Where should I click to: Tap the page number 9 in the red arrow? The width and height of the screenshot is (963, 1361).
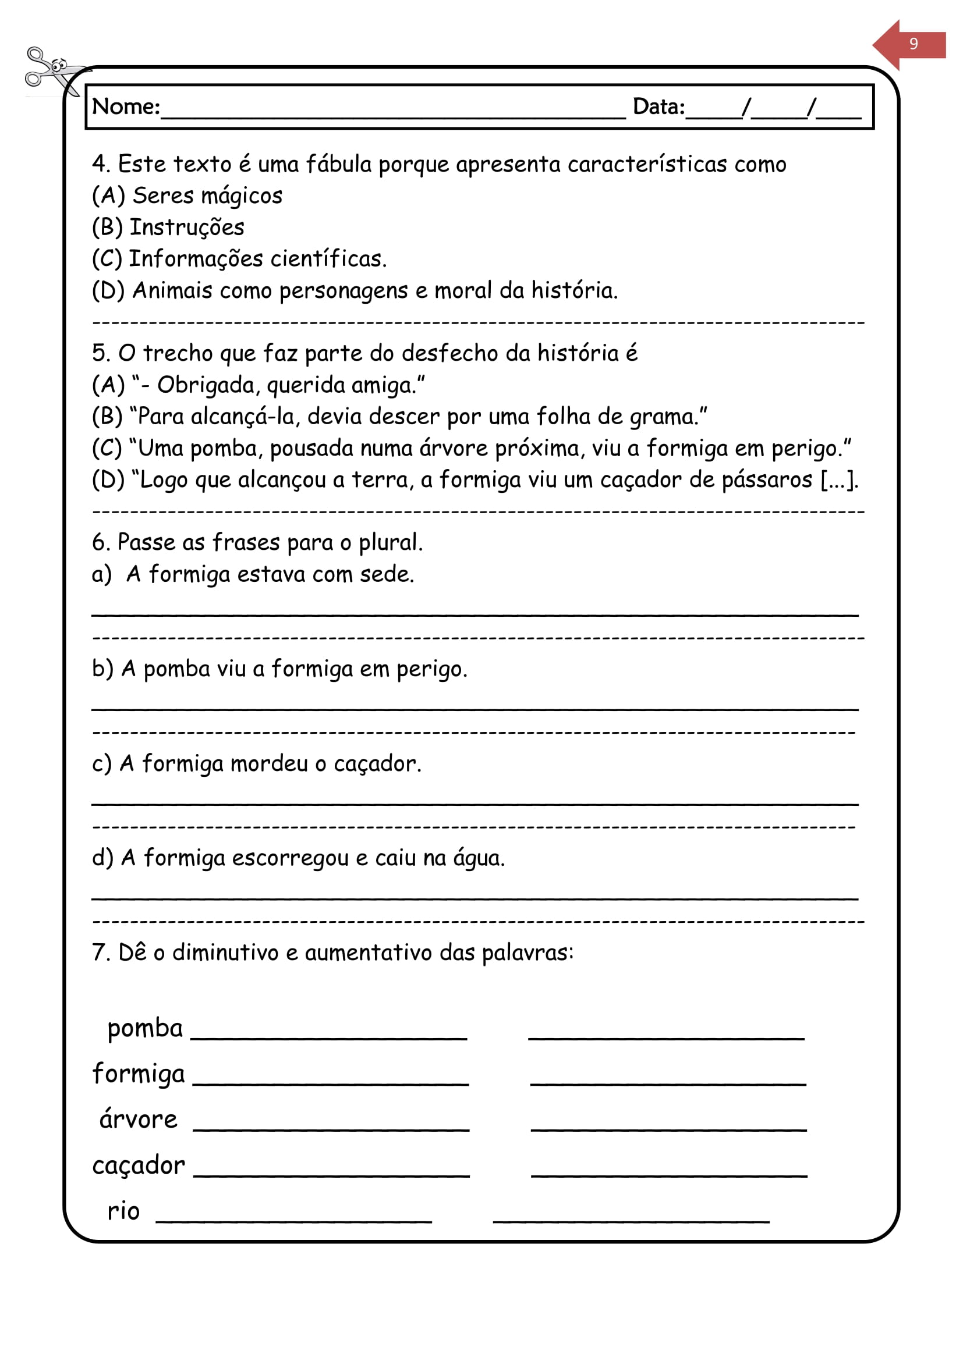pos(913,44)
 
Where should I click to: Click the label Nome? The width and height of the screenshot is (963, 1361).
pos(126,107)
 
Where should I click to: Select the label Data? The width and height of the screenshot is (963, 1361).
pos(658,107)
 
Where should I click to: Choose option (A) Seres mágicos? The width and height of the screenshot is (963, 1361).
pos(187,196)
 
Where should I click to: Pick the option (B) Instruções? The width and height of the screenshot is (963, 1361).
pos(168,228)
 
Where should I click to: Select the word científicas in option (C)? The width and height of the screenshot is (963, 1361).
pos(328,259)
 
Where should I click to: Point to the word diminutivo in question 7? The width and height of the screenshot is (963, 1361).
pos(225,953)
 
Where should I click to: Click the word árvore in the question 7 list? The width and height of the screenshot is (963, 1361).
pos(138,1120)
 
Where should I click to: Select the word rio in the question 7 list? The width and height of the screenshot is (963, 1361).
pos(123,1211)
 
